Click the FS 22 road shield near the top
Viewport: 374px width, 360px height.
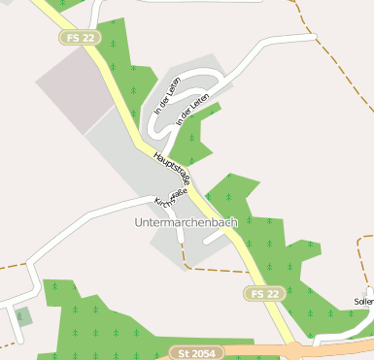81,36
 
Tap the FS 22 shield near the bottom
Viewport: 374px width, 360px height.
263,293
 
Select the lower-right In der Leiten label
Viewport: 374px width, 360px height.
193,109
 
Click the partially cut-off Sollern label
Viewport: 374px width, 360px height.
364,302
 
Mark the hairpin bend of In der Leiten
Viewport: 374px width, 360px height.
156,123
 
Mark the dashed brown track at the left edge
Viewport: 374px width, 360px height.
12,263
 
